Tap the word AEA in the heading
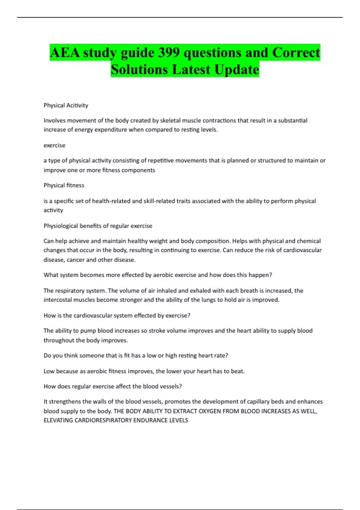coord(65,53)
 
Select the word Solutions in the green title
coord(139,70)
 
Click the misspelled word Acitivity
coord(77,105)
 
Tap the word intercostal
coord(58,300)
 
